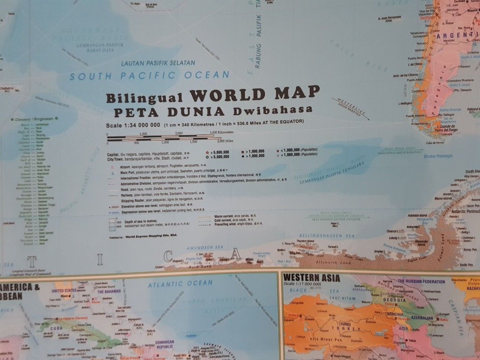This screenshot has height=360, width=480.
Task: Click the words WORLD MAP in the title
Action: pos(255,94)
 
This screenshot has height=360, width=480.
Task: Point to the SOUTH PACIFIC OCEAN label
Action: pos(149,76)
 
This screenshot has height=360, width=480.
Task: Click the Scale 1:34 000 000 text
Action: pos(133,125)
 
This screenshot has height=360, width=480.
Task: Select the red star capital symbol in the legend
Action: pos(207,152)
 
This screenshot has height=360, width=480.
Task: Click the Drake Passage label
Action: pos(438,156)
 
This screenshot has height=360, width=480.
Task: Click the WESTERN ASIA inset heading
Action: pos(312,279)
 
